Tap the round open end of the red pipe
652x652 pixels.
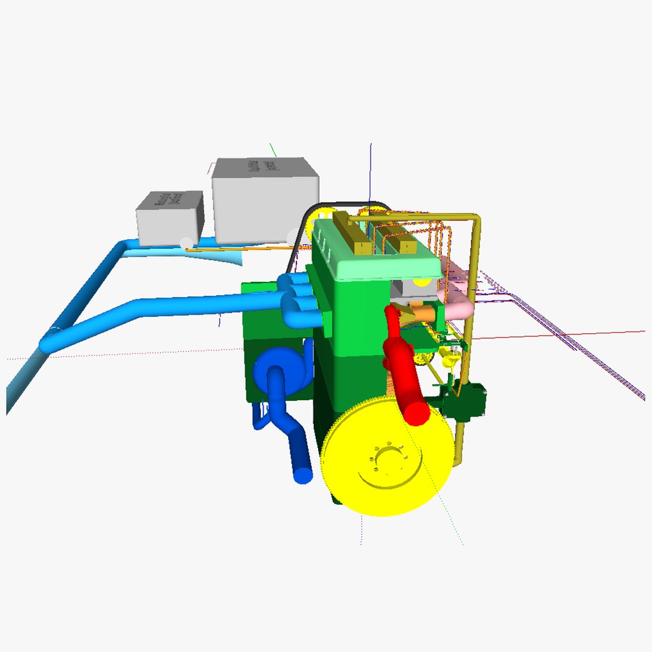click(x=417, y=414)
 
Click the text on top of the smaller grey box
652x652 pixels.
click(x=168, y=199)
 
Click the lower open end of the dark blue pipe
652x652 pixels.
click(x=303, y=475)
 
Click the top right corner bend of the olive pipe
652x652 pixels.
click(x=476, y=219)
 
